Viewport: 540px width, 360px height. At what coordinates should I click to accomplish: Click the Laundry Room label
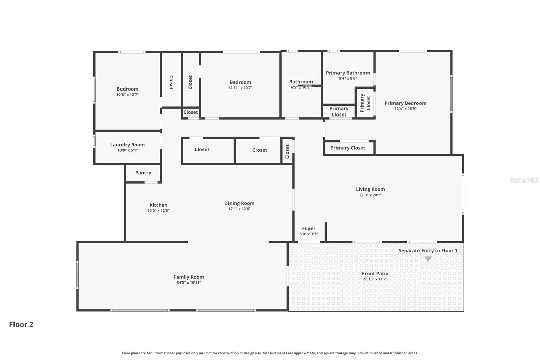(x=127, y=145)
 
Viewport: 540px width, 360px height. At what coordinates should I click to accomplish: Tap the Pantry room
(x=143, y=173)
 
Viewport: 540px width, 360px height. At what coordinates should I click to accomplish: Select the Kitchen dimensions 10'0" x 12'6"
(x=158, y=211)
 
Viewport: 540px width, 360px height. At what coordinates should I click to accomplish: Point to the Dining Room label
(x=239, y=203)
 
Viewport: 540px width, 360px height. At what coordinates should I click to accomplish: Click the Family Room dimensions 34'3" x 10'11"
(x=189, y=283)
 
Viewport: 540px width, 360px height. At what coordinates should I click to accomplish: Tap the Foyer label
(x=308, y=229)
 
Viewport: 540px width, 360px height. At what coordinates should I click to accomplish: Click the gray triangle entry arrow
(x=428, y=259)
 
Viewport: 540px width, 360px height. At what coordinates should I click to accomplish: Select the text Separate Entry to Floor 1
(x=428, y=251)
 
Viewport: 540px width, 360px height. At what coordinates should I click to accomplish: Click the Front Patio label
(x=375, y=274)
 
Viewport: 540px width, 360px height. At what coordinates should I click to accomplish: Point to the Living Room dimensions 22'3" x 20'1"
(x=370, y=195)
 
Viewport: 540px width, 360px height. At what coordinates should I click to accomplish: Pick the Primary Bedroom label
(x=405, y=103)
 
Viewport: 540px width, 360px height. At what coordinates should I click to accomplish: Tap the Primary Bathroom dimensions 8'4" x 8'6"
(x=348, y=78)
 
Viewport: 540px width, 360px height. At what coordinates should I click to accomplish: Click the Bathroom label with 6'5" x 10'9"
(x=301, y=82)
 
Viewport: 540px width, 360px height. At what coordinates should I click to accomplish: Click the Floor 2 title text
(x=21, y=324)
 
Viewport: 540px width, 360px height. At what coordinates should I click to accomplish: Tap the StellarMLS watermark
(x=524, y=180)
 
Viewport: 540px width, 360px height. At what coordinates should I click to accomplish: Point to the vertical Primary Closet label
(x=365, y=103)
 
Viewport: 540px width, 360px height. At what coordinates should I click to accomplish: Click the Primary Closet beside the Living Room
(x=348, y=148)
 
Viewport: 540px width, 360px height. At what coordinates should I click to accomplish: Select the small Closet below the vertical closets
(x=191, y=112)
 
